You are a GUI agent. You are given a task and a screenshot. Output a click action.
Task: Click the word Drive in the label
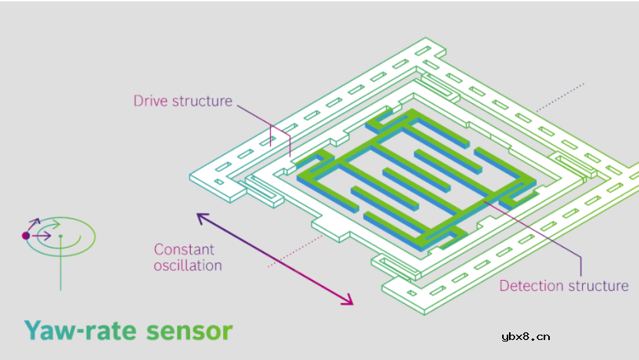pyautogui.click(x=150, y=101)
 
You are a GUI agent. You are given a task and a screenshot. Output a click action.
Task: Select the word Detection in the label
pyautogui.click(x=531, y=286)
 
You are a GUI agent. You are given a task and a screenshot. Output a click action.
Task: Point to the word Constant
pyautogui.click(x=184, y=249)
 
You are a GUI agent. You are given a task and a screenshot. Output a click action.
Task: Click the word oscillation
pyautogui.click(x=188, y=265)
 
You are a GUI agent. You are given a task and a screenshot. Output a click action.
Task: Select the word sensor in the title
pyautogui.click(x=189, y=332)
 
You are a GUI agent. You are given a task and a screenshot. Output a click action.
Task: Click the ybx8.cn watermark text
pyautogui.click(x=525, y=336)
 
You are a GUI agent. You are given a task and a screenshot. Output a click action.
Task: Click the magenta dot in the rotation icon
pyautogui.click(x=25, y=235)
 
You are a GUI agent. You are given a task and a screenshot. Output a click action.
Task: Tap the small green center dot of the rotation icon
pyautogui.click(x=61, y=235)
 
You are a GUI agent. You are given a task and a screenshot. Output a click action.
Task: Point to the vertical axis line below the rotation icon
pyautogui.click(x=61, y=269)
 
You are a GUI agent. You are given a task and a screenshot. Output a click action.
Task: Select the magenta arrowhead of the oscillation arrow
pyautogui.click(x=348, y=301)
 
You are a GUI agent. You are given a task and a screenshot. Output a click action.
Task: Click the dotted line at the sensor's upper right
pyautogui.click(x=561, y=95)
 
